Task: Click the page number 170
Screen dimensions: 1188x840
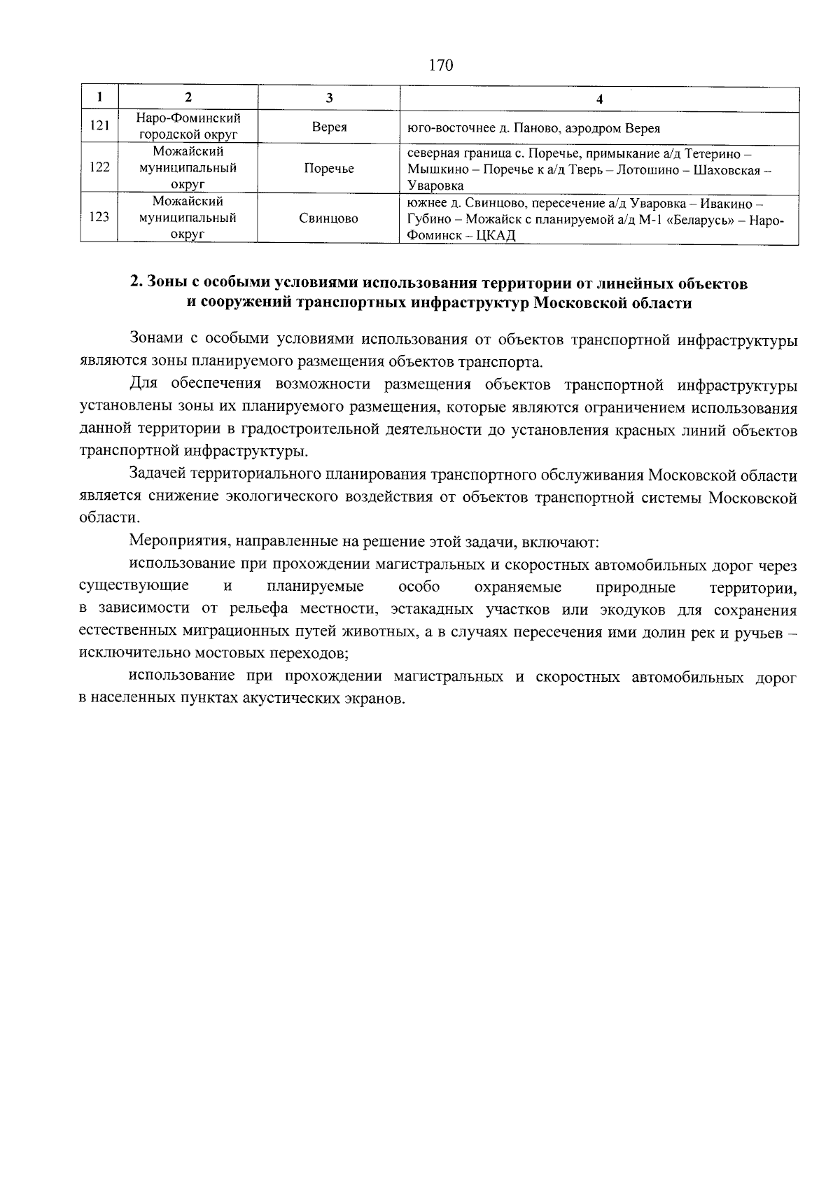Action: (x=440, y=66)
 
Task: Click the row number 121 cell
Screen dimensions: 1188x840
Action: (x=99, y=127)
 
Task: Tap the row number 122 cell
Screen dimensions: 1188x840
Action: (x=99, y=168)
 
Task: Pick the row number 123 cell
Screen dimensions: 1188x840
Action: (x=99, y=218)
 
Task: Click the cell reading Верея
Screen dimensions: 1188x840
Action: (x=328, y=127)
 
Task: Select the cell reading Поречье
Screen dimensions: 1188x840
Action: (x=328, y=169)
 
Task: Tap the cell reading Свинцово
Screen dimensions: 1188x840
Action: (x=328, y=218)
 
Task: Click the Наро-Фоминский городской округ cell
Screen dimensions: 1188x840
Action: (x=188, y=126)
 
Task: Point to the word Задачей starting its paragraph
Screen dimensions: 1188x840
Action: (x=157, y=476)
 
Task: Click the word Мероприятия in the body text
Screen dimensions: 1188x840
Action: (x=173, y=542)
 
